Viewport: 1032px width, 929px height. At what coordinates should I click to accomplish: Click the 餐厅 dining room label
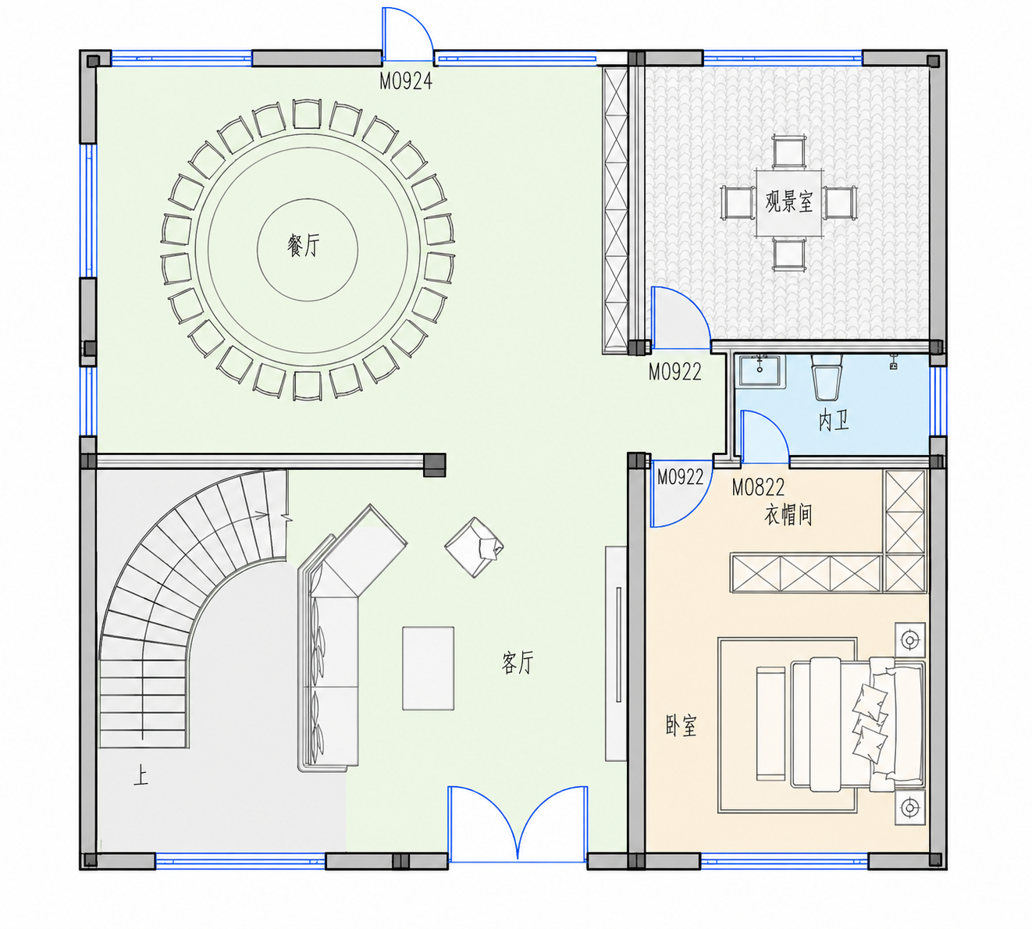point(304,244)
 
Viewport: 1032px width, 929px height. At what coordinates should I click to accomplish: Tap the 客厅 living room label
point(518,662)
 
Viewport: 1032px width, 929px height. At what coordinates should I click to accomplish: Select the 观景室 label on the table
point(788,201)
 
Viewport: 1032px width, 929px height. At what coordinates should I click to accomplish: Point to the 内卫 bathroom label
point(834,421)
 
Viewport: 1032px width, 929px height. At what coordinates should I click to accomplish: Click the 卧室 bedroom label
point(681,726)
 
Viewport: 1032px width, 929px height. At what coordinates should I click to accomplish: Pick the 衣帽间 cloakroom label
point(788,514)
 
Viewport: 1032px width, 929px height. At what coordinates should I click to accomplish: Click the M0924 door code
point(406,81)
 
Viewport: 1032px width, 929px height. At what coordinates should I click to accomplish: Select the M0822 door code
point(758,487)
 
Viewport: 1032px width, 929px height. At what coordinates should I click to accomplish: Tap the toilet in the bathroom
point(826,377)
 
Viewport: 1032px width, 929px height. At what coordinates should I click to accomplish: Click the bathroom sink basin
point(760,369)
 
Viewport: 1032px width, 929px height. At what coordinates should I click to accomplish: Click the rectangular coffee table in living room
point(428,668)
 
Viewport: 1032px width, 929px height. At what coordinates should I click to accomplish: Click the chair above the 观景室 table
point(788,151)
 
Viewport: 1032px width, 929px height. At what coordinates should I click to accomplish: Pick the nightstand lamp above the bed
point(910,640)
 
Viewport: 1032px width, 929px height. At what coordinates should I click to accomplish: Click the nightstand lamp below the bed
point(910,807)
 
